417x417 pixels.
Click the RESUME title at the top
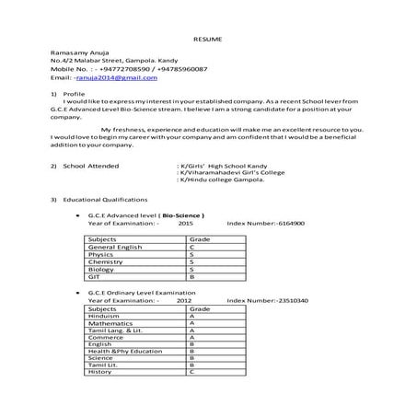208,40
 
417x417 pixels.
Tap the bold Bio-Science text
183,215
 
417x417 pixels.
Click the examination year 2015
186,223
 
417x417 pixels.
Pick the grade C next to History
191,372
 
